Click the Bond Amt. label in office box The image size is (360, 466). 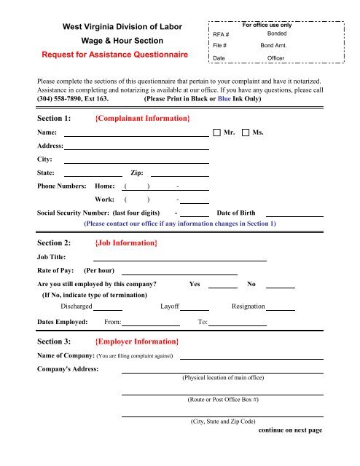(275, 45)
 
